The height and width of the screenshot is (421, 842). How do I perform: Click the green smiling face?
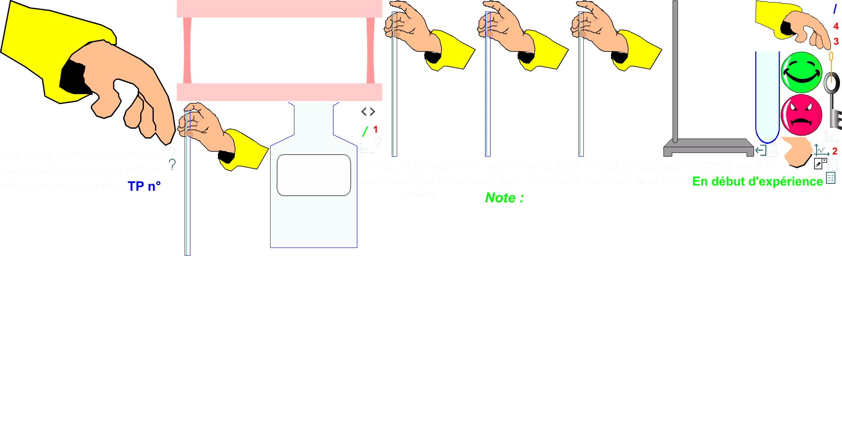pyautogui.click(x=801, y=72)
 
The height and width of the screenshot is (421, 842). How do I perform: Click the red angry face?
pyautogui.click(x=801, y=116)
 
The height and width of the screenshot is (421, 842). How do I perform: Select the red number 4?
pyautogui.click(x=835, y=26)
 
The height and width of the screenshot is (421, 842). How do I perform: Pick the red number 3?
pyautogui.click(x=836, y=42)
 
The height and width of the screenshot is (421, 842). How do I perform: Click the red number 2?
pyautogui.click(x=835, y=151)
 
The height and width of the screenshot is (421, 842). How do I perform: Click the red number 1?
pyautogui.click(x=375, y=130)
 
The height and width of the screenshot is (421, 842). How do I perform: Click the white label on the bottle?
pyautogui.click(x=314, y=175)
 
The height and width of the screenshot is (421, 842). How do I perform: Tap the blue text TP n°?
pyautogui.click(x=144, y=186)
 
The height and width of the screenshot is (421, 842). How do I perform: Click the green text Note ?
pyautogui.click(x=504, y=198)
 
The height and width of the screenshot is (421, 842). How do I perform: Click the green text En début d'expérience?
pyautogui.click(x=757, y=181)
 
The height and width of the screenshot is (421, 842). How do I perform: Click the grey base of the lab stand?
pyautogui.click(x=708, y=146)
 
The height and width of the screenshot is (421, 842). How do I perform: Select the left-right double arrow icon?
pyautogui.click(x=368, y=112)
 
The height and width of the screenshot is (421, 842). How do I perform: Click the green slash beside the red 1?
pyautogui.click(x=365, y=132)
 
